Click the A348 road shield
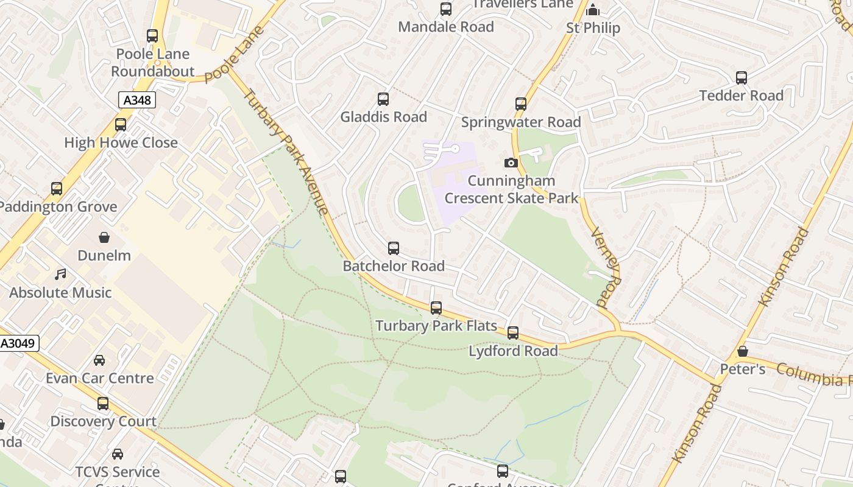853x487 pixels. click(137, 100)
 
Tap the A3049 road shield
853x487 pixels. click(19, 343)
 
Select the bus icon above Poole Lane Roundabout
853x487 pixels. click(152, 36)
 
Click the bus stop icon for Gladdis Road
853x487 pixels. click(383, 99)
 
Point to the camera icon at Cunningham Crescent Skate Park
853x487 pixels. click(511, 163)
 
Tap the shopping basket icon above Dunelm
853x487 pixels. click(104, 237)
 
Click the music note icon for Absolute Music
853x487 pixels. click(60, 274)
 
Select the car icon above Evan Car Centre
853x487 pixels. click(99, 360)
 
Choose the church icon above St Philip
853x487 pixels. click(592, 10)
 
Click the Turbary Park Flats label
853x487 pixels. click(436, 326)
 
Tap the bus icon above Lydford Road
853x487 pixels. click(513, 332)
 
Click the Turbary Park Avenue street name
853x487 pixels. click(286, 152)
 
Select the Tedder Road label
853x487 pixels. click(741, 96)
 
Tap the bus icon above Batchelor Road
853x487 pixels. click(394, 248)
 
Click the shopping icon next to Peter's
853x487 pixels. click(742, 351)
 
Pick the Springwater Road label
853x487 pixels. click(521, 122)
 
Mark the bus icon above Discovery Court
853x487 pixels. click(103, 403)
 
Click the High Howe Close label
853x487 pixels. click(121, 143)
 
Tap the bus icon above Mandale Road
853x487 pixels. click(446, 9)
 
